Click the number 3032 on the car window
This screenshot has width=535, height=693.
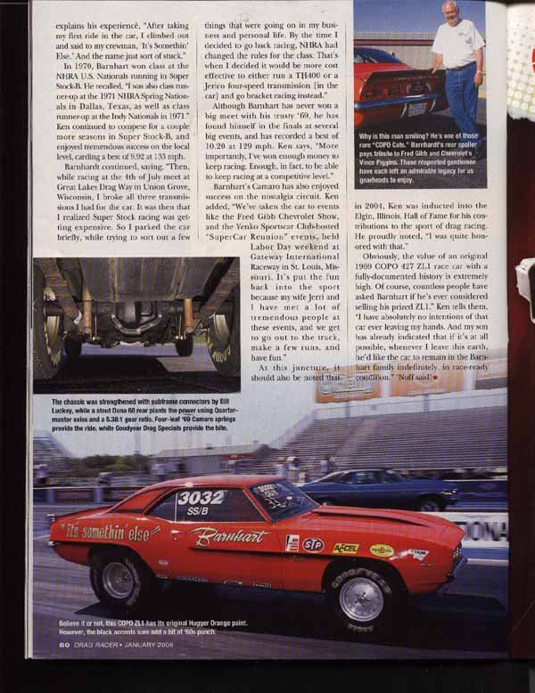click(x=202, y=497)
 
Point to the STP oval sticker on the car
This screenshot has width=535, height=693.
click(x=312, y=543)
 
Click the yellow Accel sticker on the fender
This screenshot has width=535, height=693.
click(x=346, y=548)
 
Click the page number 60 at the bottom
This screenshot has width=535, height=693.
click(x=64, y=669)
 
